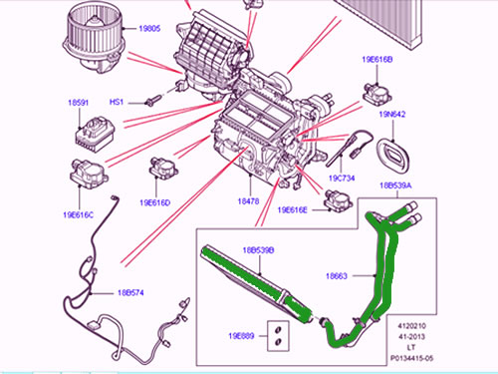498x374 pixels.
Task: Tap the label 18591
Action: [x=80, y=102]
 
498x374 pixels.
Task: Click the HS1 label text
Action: [x=116, y=103]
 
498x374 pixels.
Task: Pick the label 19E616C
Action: [x=77, y=213]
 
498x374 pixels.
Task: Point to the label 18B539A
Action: [x=396, y=187]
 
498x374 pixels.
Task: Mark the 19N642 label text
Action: [x=393, y=115]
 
